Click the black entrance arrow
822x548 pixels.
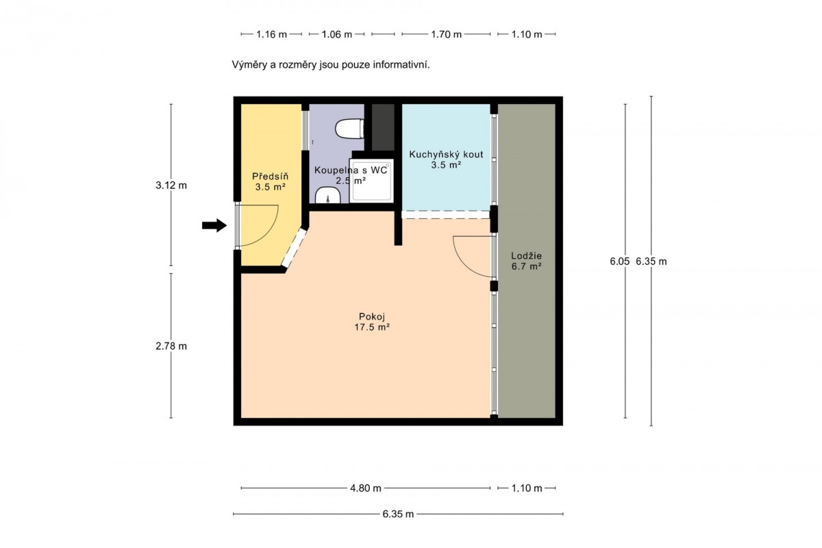(x=214, y=226)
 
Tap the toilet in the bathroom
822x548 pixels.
(x=350, y=129)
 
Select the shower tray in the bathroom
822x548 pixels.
(x=371, y=181)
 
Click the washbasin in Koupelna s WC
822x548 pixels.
(x=327, y=195)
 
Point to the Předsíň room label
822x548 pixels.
(x=271, y=181)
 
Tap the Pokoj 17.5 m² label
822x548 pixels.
(x=372, y=322)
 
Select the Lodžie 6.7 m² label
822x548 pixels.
(x=527, y=261)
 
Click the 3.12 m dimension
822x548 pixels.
(x=171, y=185)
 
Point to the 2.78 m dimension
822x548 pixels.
(x=171, y=346)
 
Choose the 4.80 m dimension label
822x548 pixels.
(x=366, y=488)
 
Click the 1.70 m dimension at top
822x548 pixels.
(x=446, y=34)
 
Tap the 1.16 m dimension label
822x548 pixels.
(x=271, y=34)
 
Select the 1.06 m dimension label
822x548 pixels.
(x=337, y=34)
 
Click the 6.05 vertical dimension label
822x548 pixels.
(x=620, y=261)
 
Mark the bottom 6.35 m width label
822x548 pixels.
(x=398, y=514)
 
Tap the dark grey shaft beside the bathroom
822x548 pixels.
(x=383, y=127)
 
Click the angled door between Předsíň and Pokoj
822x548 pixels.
(x=294, y=248)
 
